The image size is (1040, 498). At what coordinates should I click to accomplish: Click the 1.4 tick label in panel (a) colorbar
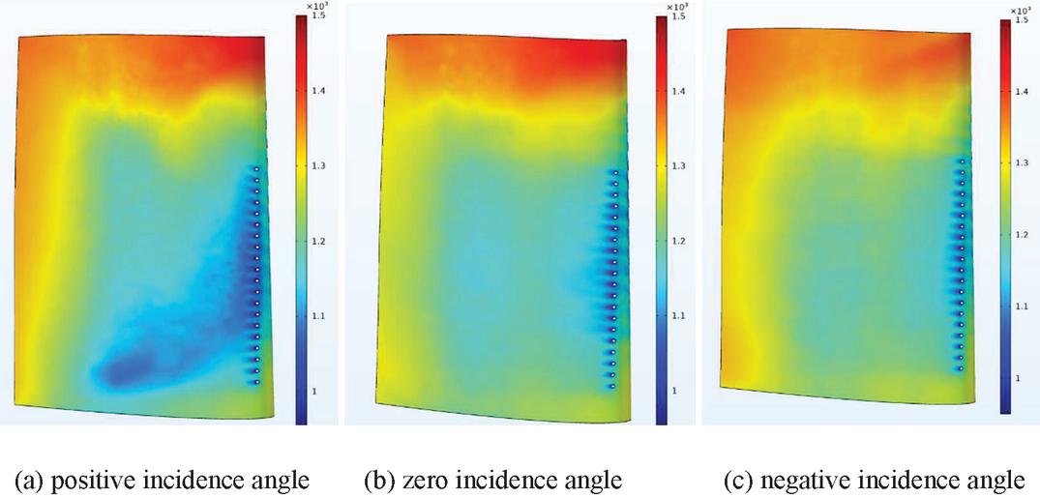coord(320,91)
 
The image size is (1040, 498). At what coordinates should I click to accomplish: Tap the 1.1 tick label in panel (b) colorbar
coord(680,316)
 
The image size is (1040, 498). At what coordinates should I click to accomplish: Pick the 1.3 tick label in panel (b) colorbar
coord(680,166)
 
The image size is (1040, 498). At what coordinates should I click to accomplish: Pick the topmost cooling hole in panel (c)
coord(961,161)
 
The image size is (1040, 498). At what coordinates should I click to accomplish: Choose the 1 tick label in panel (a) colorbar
coord(315,391)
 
